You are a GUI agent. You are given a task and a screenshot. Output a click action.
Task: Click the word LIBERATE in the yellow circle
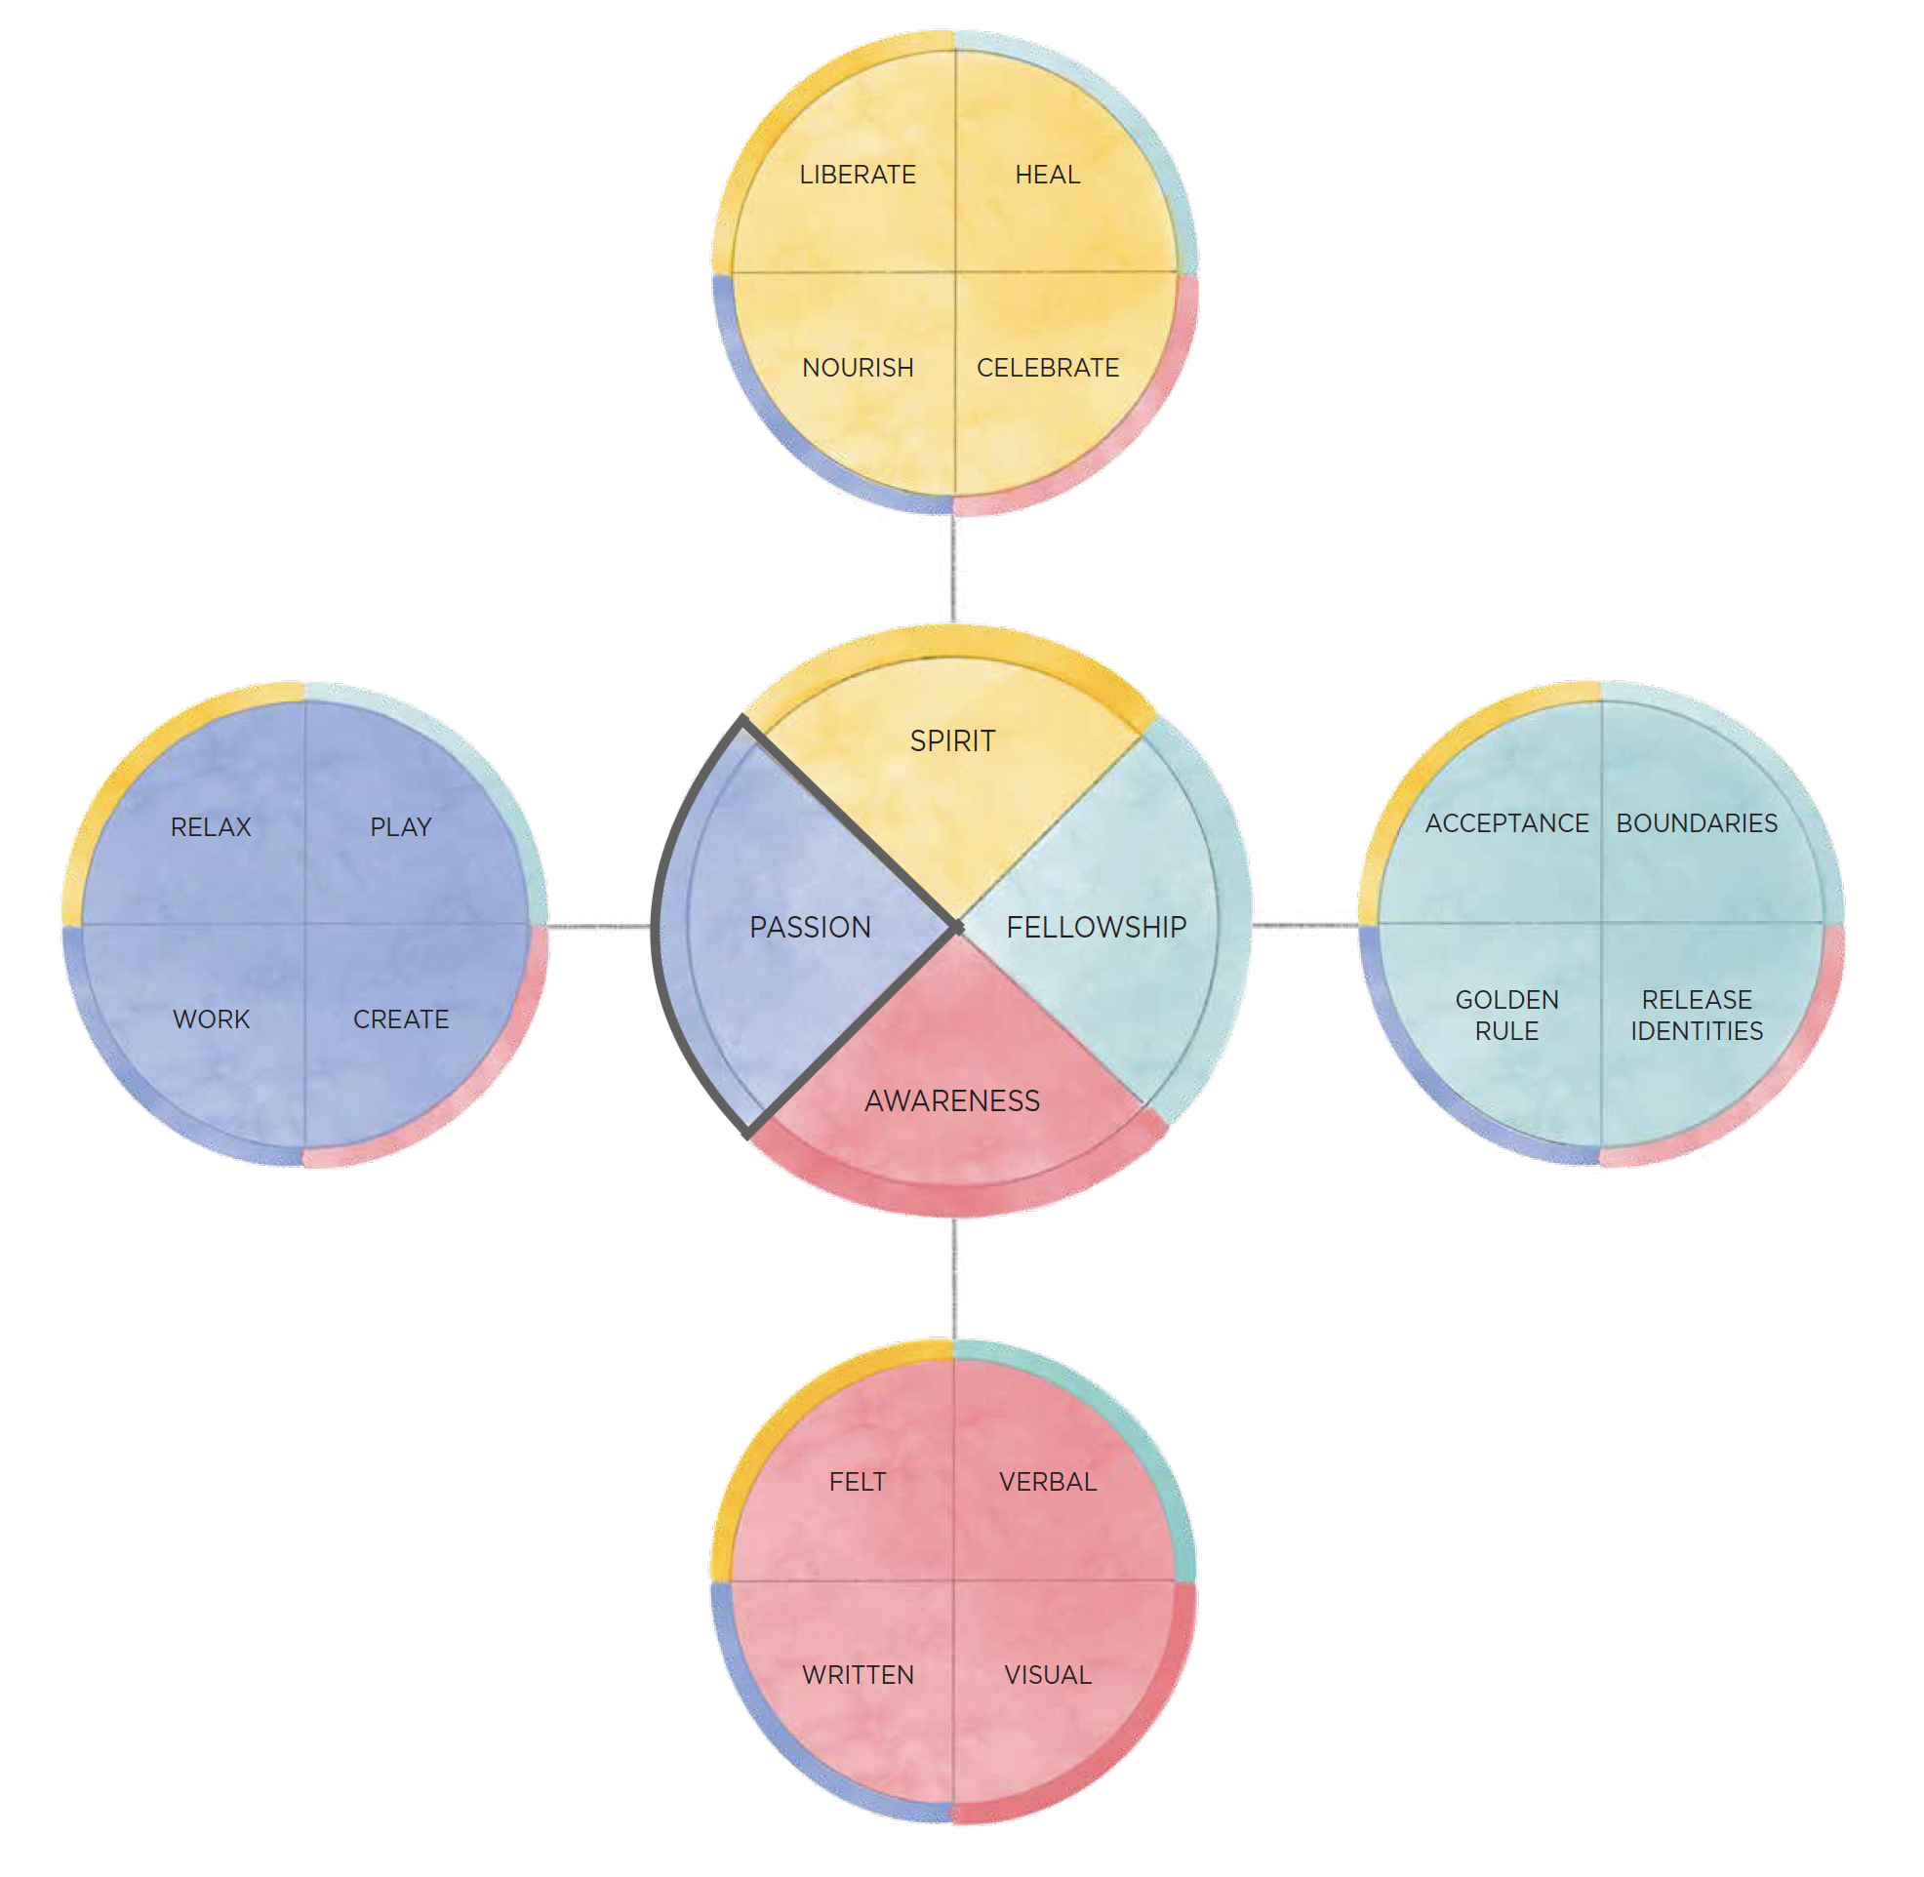(858, 175)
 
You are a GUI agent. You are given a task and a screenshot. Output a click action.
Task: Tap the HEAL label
(1048, 175)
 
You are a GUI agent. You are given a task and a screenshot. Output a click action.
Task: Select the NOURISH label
(858, 368)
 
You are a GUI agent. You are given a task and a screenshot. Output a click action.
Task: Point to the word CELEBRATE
(1048, 368)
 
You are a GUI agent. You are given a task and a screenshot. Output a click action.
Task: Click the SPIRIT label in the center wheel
(952, 740)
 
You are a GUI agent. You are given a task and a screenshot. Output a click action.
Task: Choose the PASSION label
(810, 927)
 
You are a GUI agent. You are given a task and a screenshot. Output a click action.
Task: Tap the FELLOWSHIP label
(1096, 927)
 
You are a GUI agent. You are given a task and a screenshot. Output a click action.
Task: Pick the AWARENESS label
(952, 1100)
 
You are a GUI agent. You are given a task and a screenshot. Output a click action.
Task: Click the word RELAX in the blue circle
(211, 827)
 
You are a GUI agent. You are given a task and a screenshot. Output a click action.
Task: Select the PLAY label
(401, 827)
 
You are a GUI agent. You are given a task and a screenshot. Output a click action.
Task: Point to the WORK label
(211, 1019)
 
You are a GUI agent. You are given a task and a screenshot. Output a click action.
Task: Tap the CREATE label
(401, 1019)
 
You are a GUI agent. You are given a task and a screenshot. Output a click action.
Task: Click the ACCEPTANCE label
(1507, 823)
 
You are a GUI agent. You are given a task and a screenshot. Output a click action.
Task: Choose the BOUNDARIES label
(1698, 823)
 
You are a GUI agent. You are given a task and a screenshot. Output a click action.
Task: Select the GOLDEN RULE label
(1507, 1016)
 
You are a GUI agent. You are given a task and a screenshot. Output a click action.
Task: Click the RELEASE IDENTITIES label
(1698, 1016)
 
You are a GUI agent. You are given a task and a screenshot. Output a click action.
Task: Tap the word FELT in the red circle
(858, 1482)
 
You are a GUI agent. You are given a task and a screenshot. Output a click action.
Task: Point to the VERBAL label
(1048, 1482)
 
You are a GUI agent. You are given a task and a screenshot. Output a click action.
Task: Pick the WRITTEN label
(858, 1675)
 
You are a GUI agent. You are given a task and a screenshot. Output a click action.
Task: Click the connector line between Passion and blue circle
(599, 927)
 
